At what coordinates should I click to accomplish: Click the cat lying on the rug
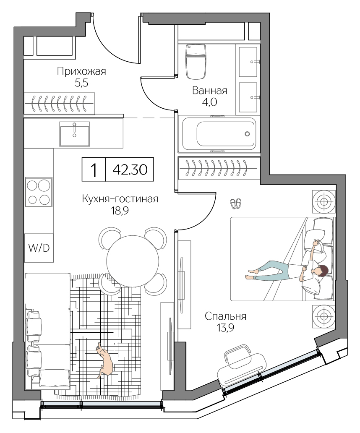(105, 359)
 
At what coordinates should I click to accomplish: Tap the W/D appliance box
(39, 248)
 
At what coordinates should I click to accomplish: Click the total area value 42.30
(128, 170)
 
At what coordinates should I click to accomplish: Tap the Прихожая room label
(82, 71)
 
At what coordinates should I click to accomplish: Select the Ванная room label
(209, 91)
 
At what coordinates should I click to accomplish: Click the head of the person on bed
(321, 272)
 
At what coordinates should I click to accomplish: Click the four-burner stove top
(39, 192)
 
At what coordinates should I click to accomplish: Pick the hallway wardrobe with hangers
(59, 102)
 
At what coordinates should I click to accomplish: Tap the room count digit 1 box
(94, 170)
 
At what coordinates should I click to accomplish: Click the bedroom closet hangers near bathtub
(218, 168)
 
